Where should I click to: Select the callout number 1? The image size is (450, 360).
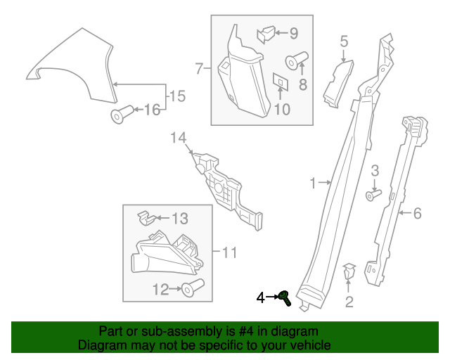pos(313,184)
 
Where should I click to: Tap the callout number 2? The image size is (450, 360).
pos(349,303)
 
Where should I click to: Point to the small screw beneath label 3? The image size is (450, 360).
pos(373,192)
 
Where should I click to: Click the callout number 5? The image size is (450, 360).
pos(344,42)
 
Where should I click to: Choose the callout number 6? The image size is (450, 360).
pos(417,213)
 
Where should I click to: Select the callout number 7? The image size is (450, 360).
pos(199,68)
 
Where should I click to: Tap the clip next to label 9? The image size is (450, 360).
pos(266,32)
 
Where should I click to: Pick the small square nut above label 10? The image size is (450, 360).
pos(279,82)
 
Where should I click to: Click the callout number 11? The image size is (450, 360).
pos(230,252)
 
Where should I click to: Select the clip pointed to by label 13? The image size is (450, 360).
pos(143,217)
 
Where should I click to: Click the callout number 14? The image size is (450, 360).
pos(179,138)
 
